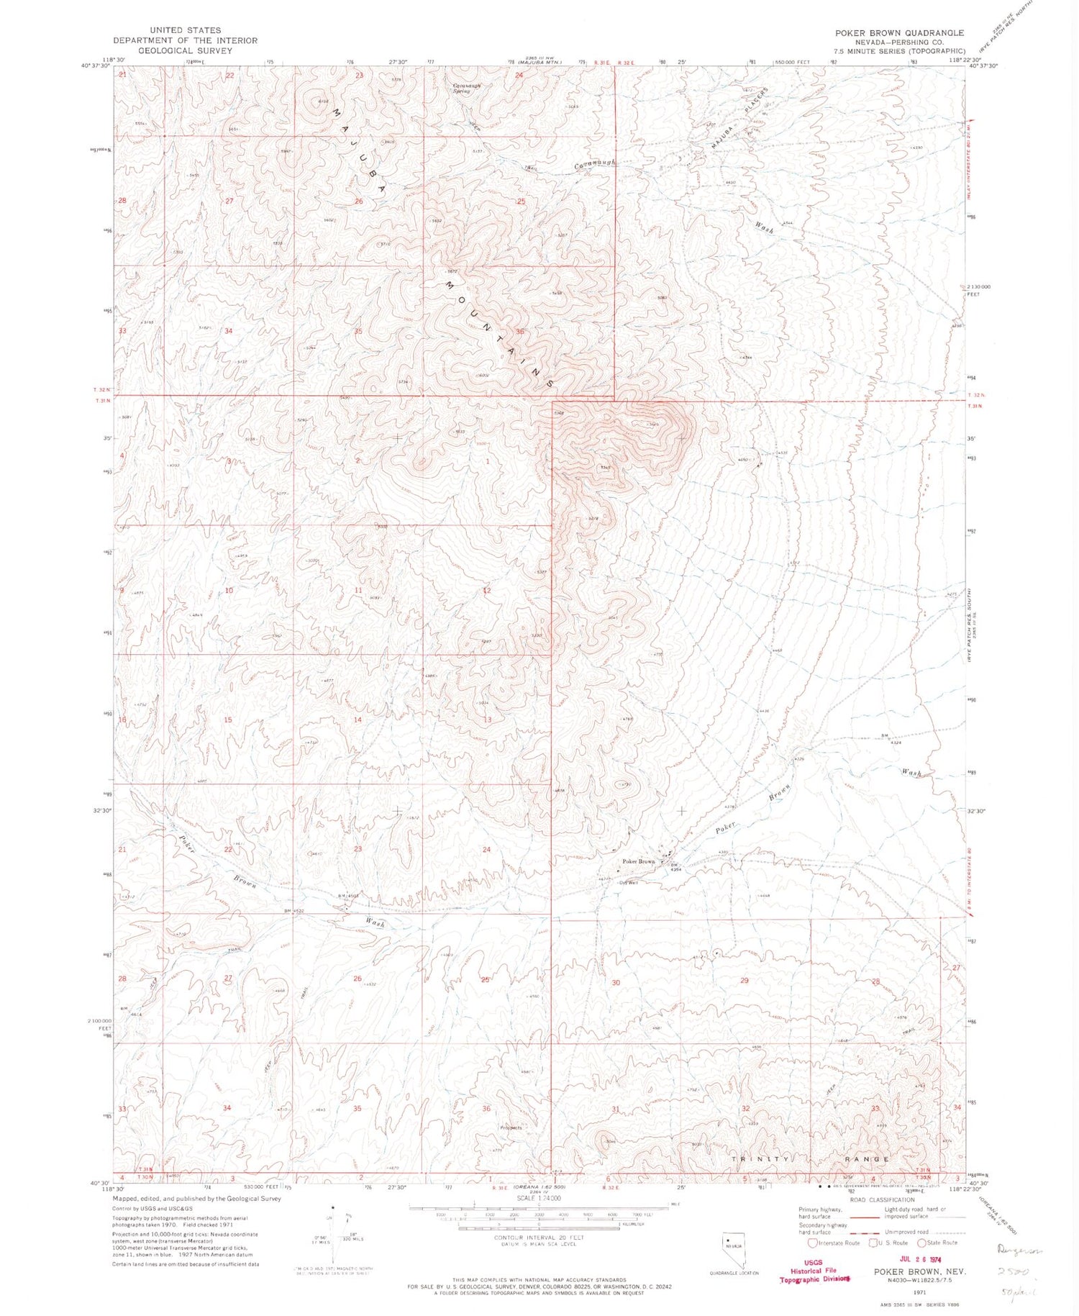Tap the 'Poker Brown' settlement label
(x=639, y=861)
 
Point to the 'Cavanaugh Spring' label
(x=465, y=88)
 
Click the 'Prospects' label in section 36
(x=510, y=1127)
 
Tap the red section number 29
(x=745, y=981)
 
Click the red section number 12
(x=487, y=591)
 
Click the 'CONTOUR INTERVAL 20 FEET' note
(x=539, y=1237)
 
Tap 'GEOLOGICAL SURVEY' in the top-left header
(x=185, y=50)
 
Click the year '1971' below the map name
(x=919, y=1292)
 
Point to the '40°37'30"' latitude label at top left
(x=96, y=65)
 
